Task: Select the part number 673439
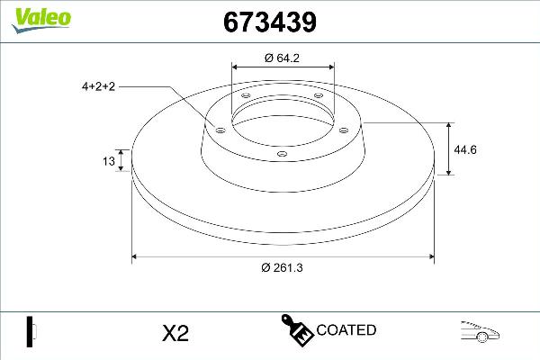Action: point(268,22)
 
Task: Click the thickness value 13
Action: point(108,162)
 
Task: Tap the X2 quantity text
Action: point(175,333)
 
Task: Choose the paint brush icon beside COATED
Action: point(296,330)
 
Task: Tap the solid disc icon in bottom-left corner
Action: point(30,331)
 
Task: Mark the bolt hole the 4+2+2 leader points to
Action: point(218,129)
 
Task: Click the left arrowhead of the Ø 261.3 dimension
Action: point(136,257)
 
